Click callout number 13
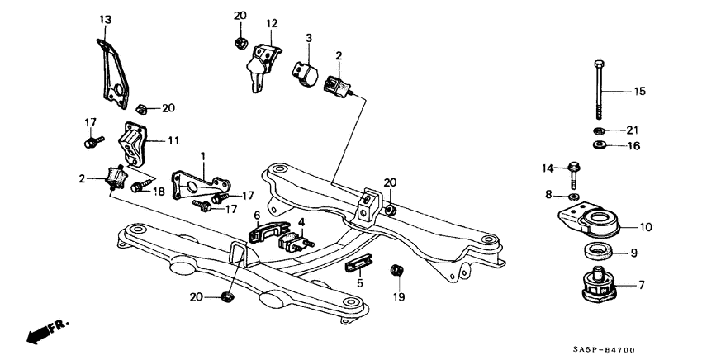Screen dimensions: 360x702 coord(105,18)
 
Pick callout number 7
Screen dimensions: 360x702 coord(640,286)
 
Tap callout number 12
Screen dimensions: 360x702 coord(273,22)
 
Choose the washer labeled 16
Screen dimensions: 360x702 coord(598,145)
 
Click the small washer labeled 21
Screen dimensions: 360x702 coord(599,130)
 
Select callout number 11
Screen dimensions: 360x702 coord(173,141)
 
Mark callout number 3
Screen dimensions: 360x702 coord(308,37)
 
